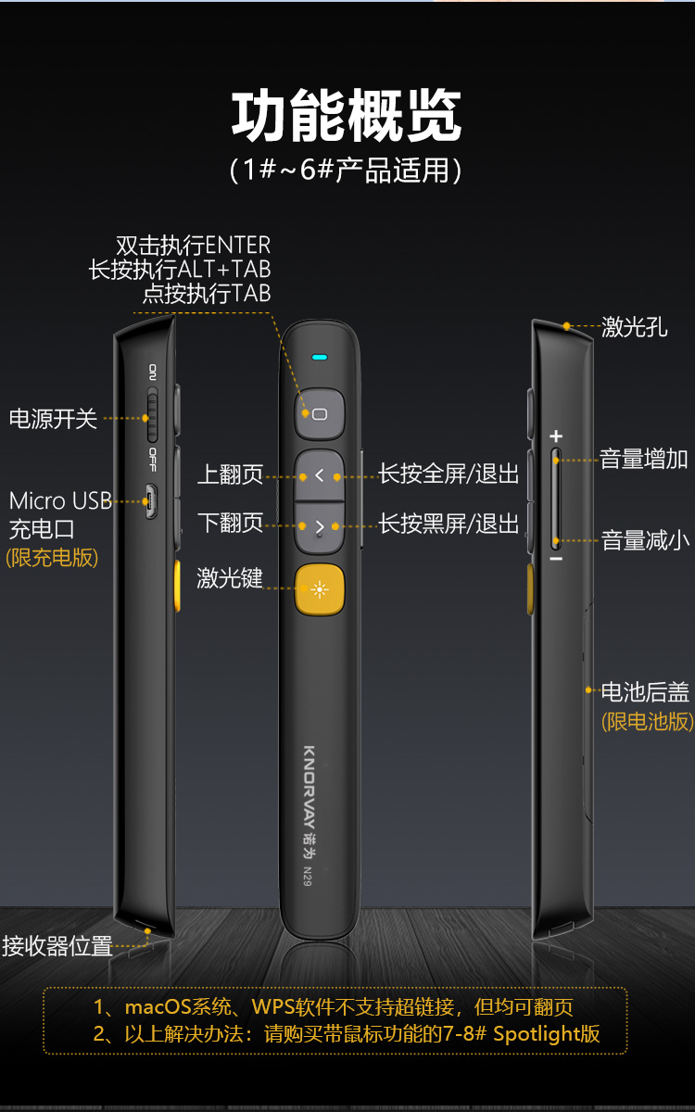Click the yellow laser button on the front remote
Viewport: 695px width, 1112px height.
click(x=320, y=589)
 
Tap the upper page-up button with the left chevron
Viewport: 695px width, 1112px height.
click(x=319, y=475)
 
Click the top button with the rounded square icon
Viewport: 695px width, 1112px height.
click(x=319, y=413)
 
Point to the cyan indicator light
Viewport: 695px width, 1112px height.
click(x=319, y=357)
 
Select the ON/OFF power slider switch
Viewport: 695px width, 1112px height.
click(x=152, y=415)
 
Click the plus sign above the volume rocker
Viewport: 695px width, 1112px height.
click(x=556, y=436)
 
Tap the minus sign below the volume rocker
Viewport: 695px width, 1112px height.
click(x=556, y=559)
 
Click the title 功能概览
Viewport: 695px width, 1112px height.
click(x=347, y=116)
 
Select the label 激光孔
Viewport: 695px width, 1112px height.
click(x=635, y=327)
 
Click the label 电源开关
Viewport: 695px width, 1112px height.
click(x=53, y=419)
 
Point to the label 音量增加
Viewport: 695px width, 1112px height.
click(x=644, y=459)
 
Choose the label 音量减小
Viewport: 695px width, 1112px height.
click(x=645, y=540)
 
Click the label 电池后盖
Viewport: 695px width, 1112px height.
click(x=645, y=692)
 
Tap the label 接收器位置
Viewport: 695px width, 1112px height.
click(x=57, y=946)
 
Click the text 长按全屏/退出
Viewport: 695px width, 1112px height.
click(x=449, y=474)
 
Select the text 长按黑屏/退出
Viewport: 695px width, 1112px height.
click(x=449, y=524)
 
